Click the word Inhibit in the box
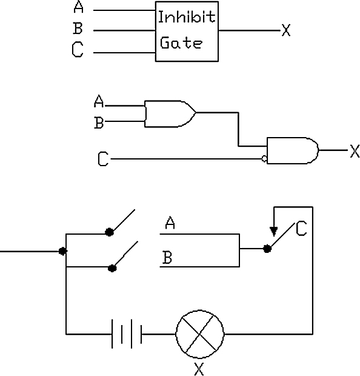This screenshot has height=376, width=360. pos(187,17)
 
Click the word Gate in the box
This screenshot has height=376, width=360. pos(181,43)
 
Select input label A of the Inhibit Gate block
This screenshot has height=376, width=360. pos(79,7)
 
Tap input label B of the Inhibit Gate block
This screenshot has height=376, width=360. pos(78,28)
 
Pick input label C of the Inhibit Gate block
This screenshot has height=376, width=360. pos(78,49)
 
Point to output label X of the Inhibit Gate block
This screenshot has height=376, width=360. pos(286,30)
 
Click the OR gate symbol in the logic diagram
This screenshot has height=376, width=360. pos(170,113)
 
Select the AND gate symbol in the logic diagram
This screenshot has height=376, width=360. pos(293,150)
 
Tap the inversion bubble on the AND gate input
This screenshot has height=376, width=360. pos(264,158)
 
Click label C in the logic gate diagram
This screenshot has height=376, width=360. pos(103,158)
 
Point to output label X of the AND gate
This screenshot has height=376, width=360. pos(355,151)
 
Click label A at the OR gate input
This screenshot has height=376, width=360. pos(99,101)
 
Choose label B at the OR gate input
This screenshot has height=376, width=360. pos(99,123)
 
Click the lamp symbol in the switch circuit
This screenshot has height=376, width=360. pos(200,334)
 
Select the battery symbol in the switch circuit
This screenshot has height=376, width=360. pos(127,334)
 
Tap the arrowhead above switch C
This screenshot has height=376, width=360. pos(274,232)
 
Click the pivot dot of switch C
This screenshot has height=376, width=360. pos(267,249)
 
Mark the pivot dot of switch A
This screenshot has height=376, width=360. pos(109,232)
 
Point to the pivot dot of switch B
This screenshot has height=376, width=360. pos(112,268)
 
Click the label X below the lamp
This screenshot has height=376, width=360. pos(199,369)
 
